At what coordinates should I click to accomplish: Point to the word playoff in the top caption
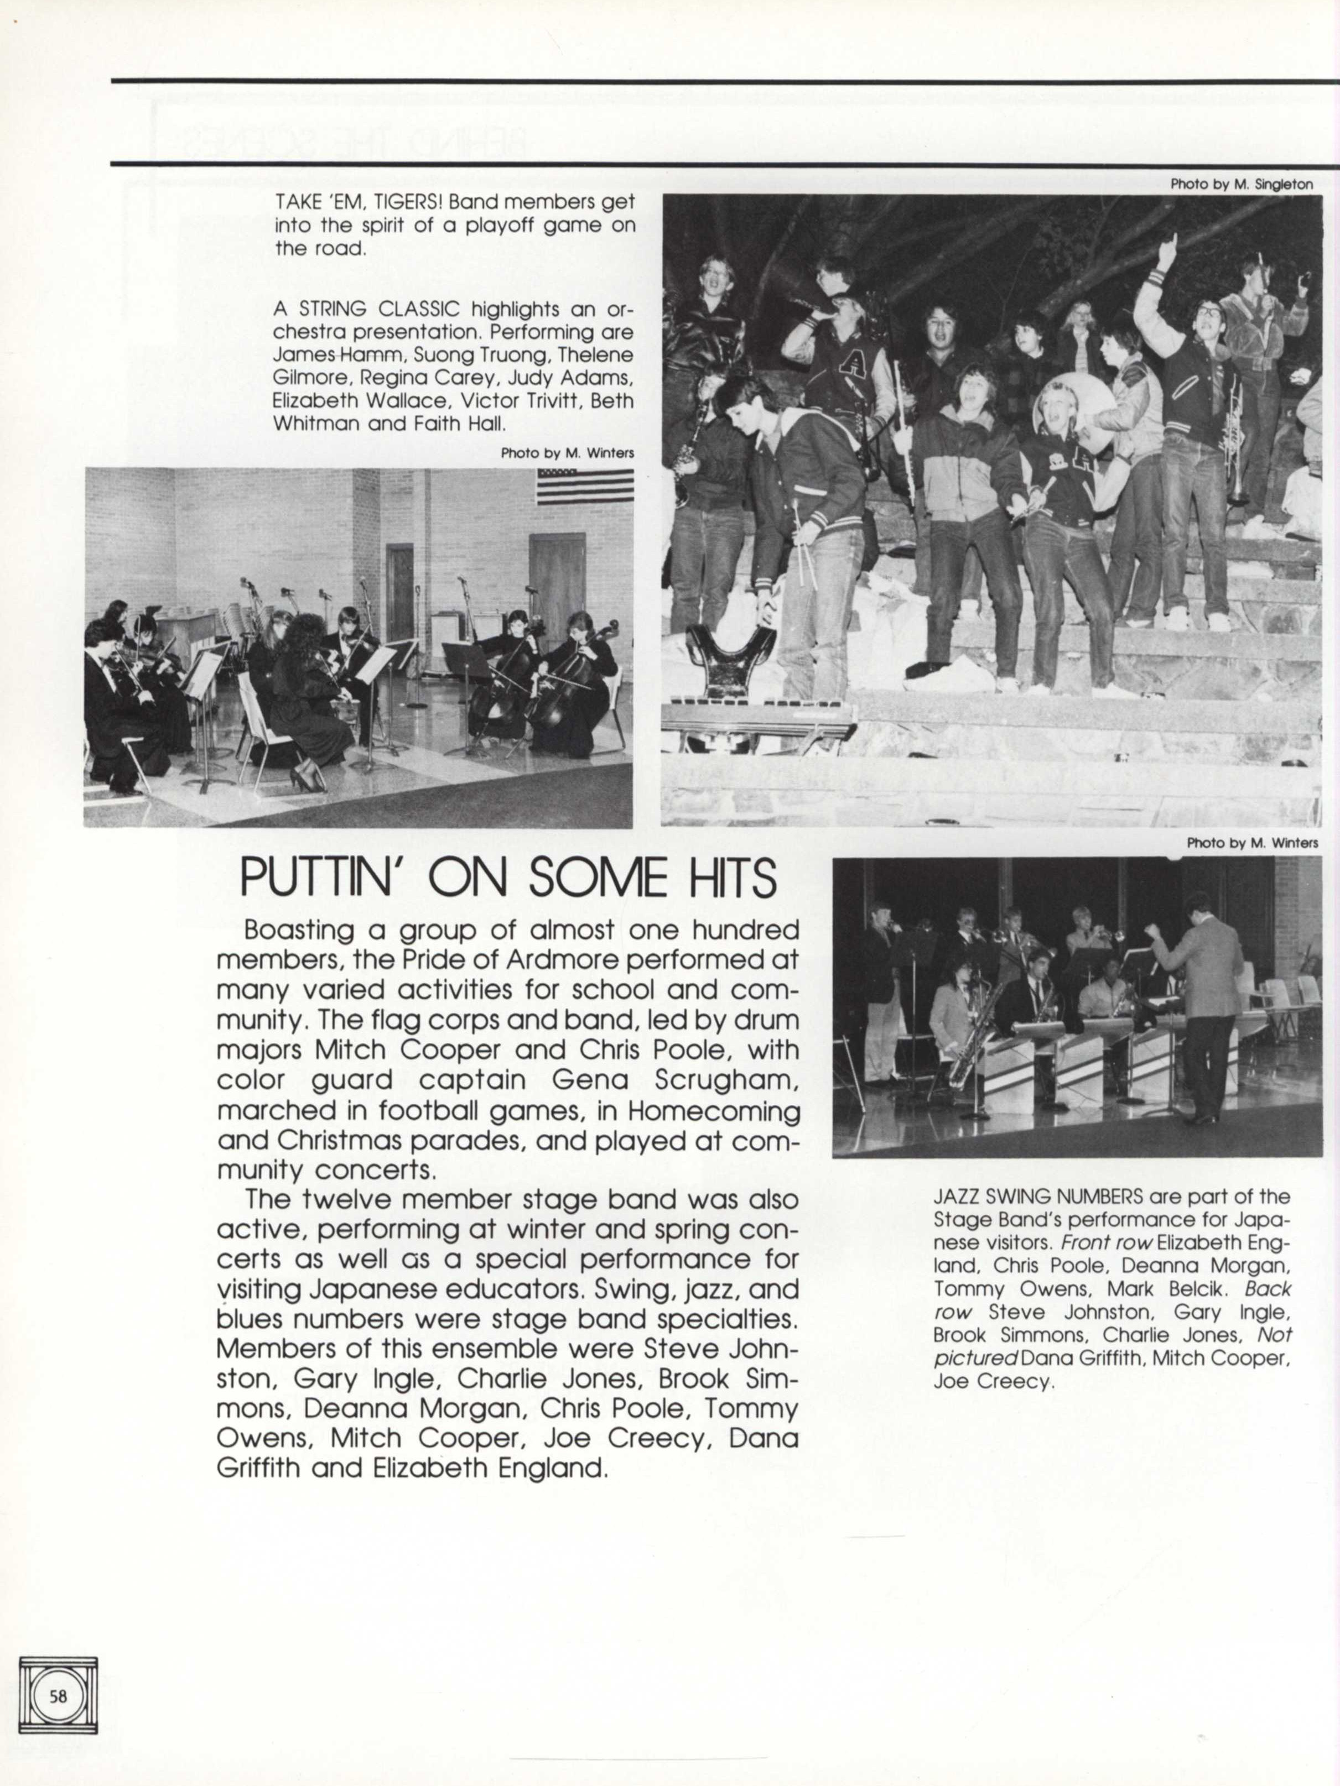(486, 225)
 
